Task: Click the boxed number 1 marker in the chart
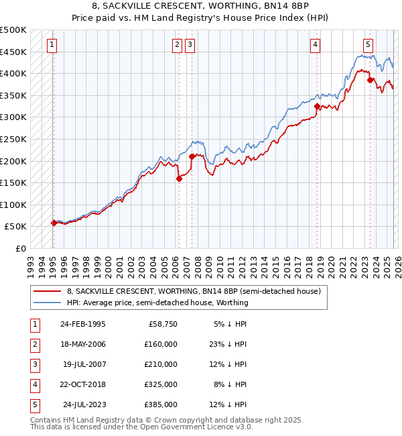click(x=52, y=45)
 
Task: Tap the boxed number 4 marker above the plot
click(x=315, y=45)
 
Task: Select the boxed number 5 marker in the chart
click(x=368, y=45)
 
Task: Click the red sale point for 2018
click(x=318, y=106)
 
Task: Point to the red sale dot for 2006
click(x=179, y=178)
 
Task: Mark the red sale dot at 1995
click(x=54, y=223)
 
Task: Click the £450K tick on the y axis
click(x=13, y=52)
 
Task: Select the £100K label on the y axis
click(x=13, y=205)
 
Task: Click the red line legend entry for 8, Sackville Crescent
click(x=194, y=291)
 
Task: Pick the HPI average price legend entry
click(x=157, y=303)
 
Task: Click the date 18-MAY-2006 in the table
click(x=82, y=344)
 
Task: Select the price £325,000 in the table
click(x=160, y=384)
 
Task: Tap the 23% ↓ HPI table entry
click(x=227, y=344)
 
